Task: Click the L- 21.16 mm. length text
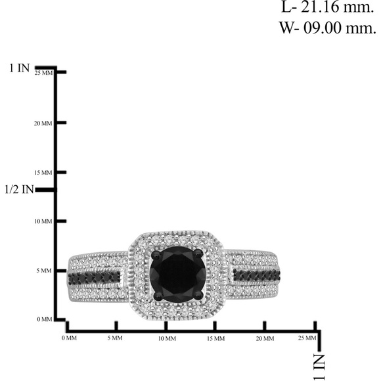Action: pyautogui.click(x=328, y=7)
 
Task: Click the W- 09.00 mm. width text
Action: pyautogui.click(x=328, y=28)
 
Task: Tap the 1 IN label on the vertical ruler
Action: pyautogui.click(x=20, y=68)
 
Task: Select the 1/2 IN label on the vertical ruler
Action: pyautogui.click(x=19, y=190)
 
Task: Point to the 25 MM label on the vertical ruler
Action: pyautogui.click(x=43, y=73)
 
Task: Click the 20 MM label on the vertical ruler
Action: pyautogui.click(x=43, y=123)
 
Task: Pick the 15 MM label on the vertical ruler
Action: pyautogui.click(x=43, y=173)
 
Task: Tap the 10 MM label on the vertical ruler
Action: pyautogui.click(x=43, y=221)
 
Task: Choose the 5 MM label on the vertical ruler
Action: pyautogui.click(x=44, y=271)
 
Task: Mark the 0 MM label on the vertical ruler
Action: pyautogui.click(x=45, y=319)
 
